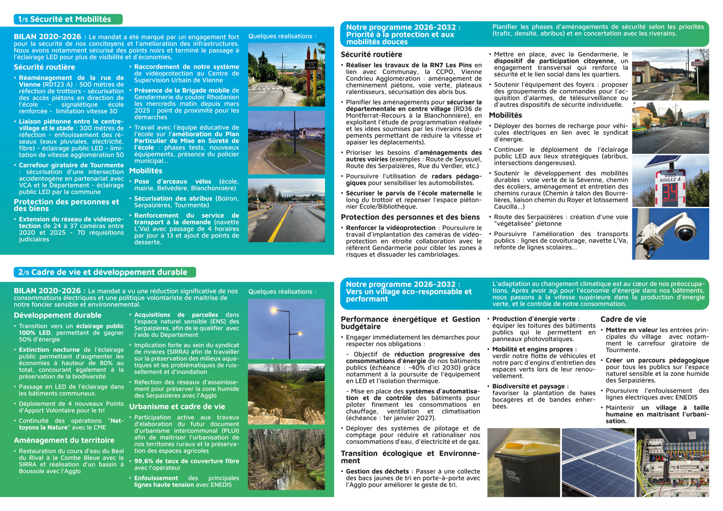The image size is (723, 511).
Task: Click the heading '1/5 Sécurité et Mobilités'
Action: pos(65,19)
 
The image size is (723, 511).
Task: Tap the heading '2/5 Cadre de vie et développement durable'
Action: pos(103,272)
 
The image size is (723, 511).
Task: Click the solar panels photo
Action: pos(598,462)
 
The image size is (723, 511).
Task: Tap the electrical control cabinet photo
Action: pos(673,462)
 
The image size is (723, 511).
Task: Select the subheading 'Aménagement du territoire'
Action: pos(64,440)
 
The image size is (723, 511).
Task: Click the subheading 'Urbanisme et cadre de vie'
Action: pos(177,407)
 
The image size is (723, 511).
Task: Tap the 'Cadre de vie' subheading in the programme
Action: pos(623,319)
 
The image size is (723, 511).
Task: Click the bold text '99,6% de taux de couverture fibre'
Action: pos(186,461)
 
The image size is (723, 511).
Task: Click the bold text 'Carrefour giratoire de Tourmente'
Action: pos(71,165)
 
